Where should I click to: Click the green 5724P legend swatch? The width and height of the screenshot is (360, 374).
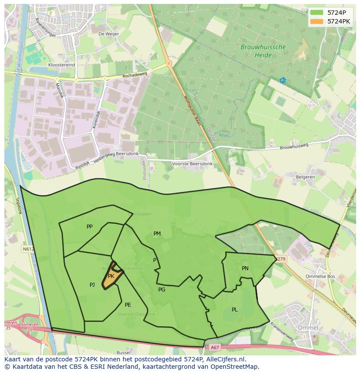coord(317,13)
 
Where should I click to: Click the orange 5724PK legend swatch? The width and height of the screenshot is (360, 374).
coord(317,21)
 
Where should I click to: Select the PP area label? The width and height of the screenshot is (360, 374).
coord(90,227)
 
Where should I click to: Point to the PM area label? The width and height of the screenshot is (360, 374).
coord(157,234)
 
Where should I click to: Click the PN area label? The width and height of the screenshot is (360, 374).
coord(245,268)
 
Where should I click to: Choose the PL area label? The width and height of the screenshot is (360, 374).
coord(235,310)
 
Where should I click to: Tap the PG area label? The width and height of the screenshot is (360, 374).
coord(162,290)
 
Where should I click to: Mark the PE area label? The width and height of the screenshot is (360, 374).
coord(128,305)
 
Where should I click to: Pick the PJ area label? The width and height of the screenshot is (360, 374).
coord(92,285)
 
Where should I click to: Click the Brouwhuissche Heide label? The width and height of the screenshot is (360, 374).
coord(263,51)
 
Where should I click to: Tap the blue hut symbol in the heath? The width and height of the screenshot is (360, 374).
coord(283,80)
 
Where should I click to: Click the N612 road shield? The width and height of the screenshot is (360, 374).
coord(27,249)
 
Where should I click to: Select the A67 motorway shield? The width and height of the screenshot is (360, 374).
coord(215,347)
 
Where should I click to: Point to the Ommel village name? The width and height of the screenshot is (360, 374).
coord(308,327)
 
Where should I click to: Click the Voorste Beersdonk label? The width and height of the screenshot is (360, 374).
coord(192,164)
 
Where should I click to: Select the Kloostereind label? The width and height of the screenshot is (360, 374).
coord(62,65)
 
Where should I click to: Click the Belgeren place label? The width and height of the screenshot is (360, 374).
coord(305,178)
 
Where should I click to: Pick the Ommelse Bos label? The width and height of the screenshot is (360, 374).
coord(320,276)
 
